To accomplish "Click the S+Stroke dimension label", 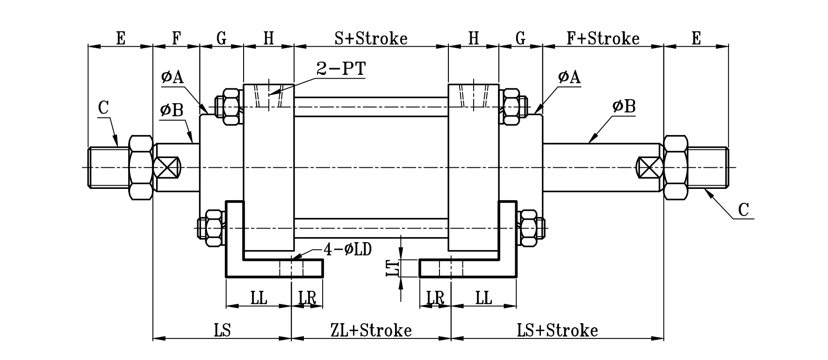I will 371,38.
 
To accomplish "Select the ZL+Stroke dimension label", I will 371,331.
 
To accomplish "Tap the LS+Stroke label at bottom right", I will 557,331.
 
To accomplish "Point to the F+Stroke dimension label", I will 603,38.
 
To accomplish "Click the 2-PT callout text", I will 341,69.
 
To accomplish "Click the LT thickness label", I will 394,268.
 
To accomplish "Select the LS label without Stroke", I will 223,331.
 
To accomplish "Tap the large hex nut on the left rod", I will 141,168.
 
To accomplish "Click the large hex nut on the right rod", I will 675,168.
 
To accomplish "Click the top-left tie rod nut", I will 230,107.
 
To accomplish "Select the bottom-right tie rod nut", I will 528,228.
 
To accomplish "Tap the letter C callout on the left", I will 103,108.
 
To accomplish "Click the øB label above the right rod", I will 624,107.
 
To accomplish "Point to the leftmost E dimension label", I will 121,38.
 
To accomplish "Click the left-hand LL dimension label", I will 259,298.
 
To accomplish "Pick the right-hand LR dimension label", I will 435,298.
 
